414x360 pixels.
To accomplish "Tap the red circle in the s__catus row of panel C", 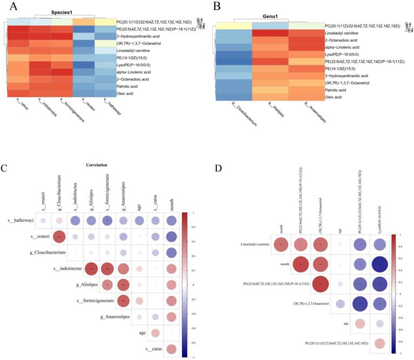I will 171,349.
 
